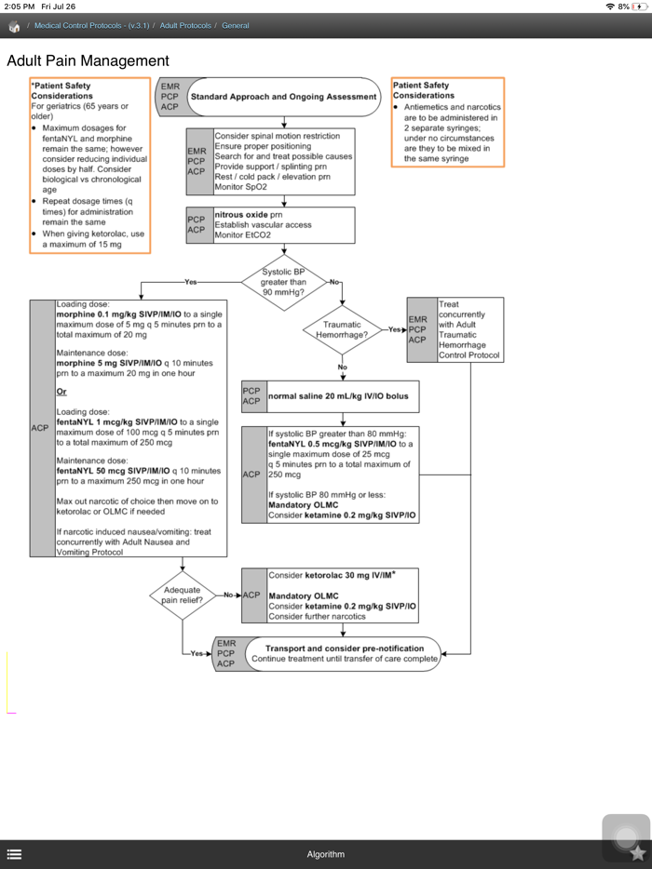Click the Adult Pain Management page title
[x=88, y=61]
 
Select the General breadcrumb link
[x=235, y=25]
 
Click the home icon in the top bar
[x=14, y=26]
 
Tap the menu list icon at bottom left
[x=14, y=854]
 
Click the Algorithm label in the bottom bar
[x=325, y=854]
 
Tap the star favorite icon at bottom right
[x=637, y=852]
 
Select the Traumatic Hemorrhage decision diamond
[x=342, y=329]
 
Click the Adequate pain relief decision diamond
[x=183, y=595]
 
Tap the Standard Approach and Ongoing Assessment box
[x=283, y=96]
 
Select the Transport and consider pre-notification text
[x=344, y=648]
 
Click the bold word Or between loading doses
[x=61, y=392]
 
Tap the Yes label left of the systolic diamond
[x=191, y=282]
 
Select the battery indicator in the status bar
[x=639, y=7]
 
